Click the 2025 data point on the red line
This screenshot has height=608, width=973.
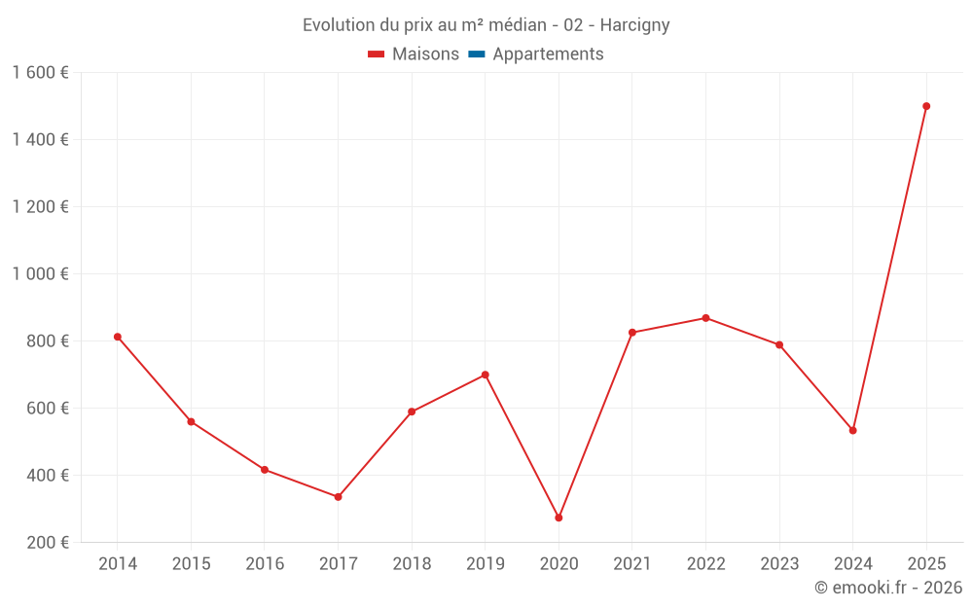pos(926,106)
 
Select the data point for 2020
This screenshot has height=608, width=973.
pos(559,518)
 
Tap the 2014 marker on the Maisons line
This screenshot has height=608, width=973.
pos(118,337)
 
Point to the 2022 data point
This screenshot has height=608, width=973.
pos(705,318)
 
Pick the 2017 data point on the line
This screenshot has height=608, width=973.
pos(338,497)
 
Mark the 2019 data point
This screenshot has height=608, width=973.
pos(486,375)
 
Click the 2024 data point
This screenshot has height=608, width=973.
pos(852,430)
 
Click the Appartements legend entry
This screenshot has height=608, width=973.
pos(548,54)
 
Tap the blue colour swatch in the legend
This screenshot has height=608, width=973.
pos(477,54)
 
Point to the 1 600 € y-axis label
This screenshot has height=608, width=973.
pos(40,72)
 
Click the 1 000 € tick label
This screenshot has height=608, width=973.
pos(40,273)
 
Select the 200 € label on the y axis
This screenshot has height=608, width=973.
pos(46,542)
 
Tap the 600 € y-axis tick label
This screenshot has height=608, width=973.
pos(46,408)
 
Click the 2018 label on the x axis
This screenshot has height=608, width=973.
pos(412,564)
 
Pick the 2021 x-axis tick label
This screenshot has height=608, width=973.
pos(632,564)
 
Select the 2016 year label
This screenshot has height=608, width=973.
pos(265,564)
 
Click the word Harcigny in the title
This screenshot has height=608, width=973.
pos(634,25)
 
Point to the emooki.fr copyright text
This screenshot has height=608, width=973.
pos(888,588)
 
